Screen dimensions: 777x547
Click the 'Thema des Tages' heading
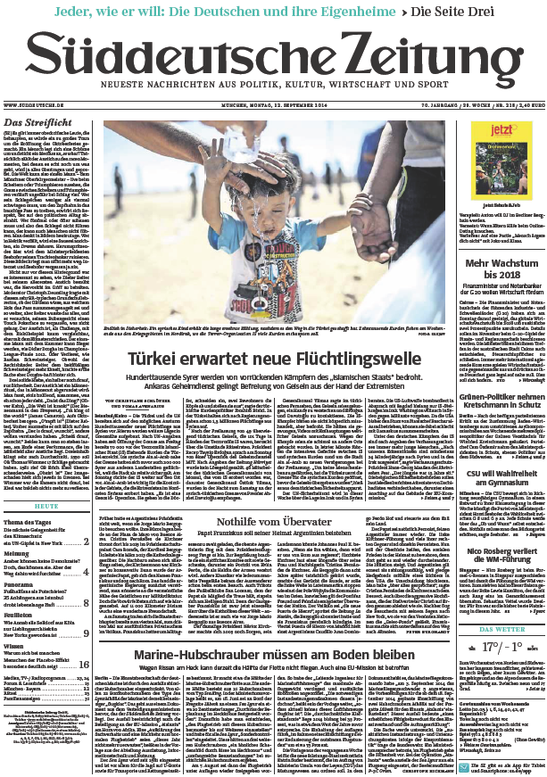pos(28,521)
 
